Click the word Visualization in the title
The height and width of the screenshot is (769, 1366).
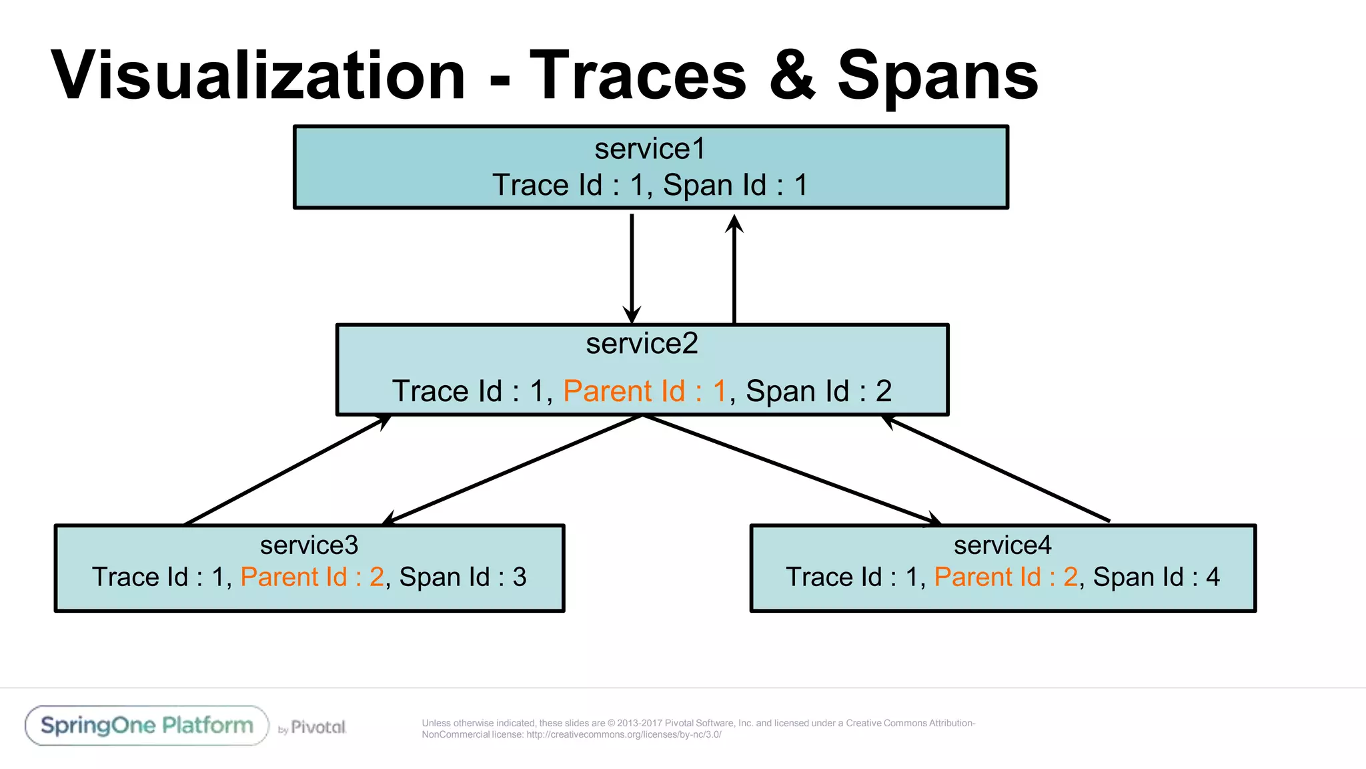258,76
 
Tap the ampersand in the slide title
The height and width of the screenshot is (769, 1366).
792,76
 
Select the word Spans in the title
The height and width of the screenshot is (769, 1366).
938,77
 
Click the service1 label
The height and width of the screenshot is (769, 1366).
650,149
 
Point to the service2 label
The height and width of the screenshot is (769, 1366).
642,344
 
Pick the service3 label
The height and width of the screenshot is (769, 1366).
309,545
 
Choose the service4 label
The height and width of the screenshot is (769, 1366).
1002,545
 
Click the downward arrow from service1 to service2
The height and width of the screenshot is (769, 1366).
632,267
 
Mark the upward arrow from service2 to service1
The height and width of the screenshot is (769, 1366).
734,267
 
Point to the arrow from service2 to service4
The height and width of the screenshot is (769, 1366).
790,469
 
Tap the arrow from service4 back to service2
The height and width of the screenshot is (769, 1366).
997,469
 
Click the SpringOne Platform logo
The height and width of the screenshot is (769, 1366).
147,726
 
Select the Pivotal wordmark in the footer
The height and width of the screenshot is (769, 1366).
318,728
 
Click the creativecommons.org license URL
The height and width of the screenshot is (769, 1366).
624,735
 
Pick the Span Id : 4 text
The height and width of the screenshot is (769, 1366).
1156,577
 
